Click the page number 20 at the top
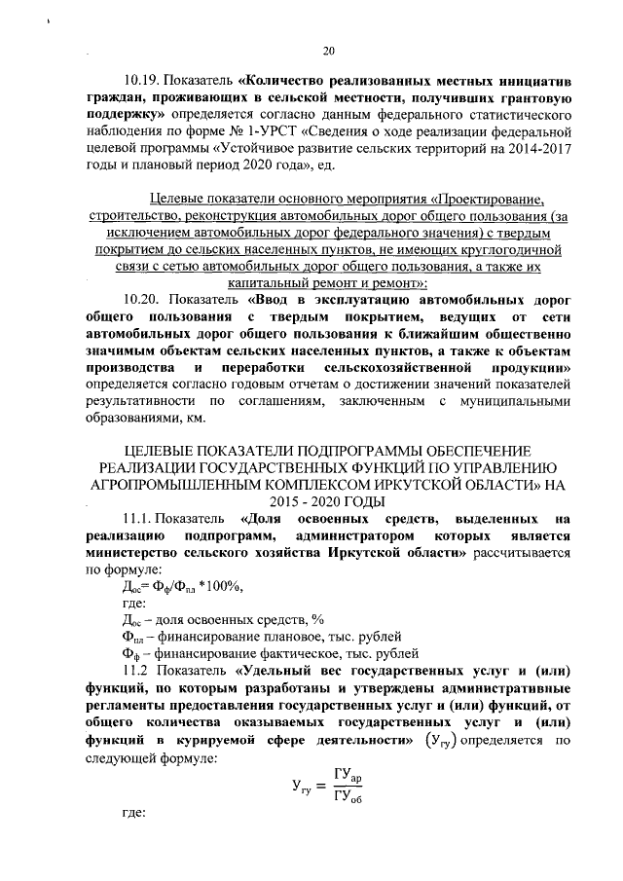click(328, 52)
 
